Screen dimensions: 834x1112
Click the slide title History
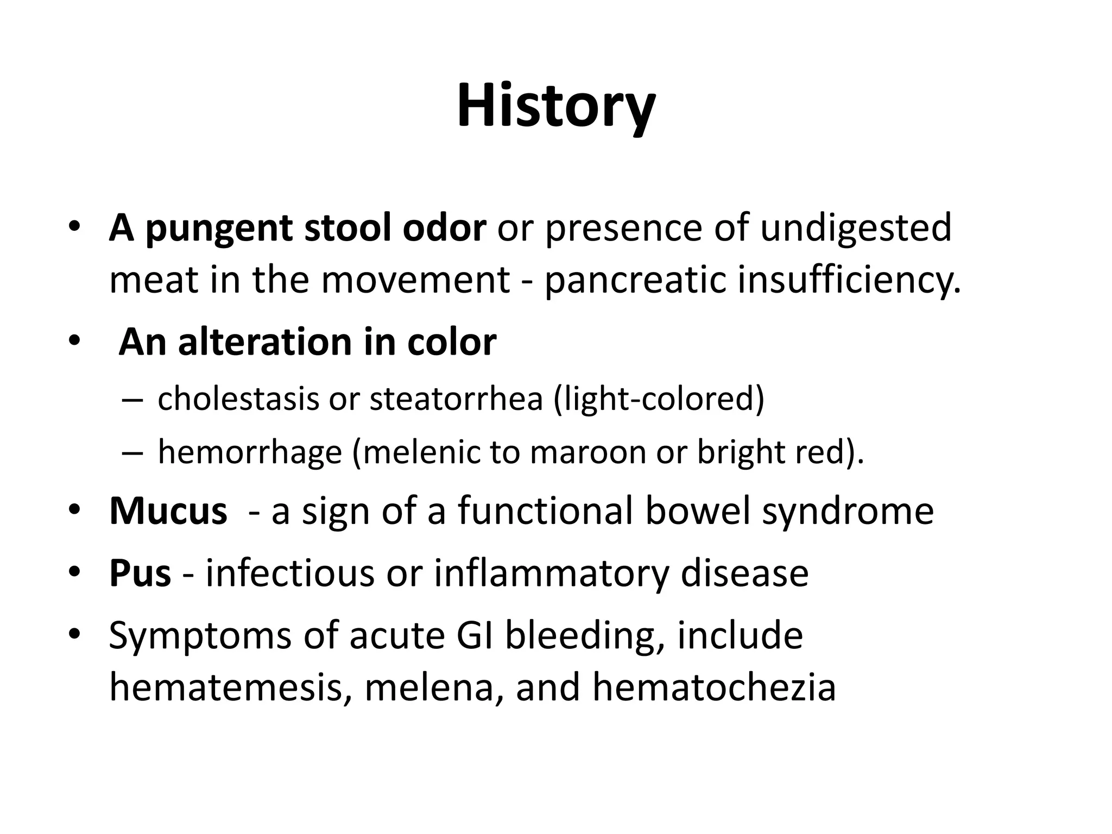pos(556,106)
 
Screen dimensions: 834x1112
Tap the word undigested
pos(855,229)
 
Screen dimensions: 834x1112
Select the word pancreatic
pos(635,280)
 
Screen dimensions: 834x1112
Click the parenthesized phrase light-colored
pos(659,399)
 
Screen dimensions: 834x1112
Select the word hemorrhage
pos(249,452)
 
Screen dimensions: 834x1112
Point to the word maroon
pos(587,452)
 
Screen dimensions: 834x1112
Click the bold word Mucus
pos(168,511)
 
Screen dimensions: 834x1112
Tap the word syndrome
pos(848,511)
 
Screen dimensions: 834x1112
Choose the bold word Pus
pos(140,573)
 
